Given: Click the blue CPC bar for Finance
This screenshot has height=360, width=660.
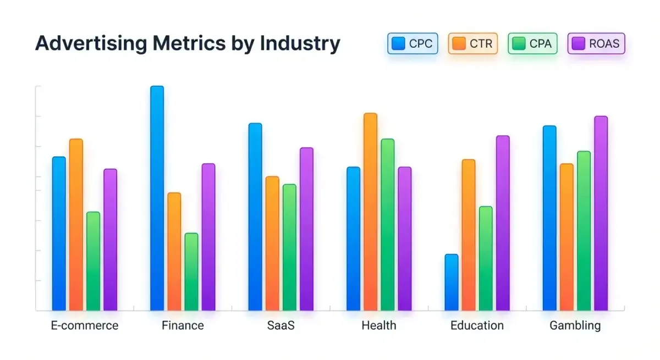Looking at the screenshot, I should coord(157,198).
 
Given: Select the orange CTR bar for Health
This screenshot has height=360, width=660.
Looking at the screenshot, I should coord(370,212).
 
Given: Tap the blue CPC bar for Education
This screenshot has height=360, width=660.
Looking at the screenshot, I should coord(452,282).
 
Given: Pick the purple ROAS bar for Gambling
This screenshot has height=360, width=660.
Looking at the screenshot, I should coord(601,213).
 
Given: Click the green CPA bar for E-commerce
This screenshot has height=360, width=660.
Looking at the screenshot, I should coord(94,261).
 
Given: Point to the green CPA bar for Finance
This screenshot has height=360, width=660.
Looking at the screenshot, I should coord(191,272).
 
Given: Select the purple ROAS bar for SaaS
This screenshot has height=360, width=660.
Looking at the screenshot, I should coord(306,229).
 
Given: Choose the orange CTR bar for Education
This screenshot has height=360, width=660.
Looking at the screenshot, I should coord(469,235).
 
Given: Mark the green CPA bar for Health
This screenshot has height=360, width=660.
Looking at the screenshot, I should coord(388,224).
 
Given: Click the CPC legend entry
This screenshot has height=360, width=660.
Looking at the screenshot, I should coord(413,43).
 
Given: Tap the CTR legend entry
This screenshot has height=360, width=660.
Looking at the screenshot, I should coord(473,43).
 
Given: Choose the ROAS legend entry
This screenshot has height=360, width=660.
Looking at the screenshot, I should coord(596,43).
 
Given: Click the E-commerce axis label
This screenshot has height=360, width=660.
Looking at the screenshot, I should coord(84,325).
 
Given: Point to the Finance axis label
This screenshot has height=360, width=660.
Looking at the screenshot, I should coord(183,325).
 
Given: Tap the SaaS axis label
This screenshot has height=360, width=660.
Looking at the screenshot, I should coord(280,325).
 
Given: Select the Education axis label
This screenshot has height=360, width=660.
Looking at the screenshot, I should coord(477,325).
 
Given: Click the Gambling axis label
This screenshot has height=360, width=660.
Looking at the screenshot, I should coord(575,325).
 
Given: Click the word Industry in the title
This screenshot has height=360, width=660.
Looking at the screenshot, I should coord(299,43).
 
